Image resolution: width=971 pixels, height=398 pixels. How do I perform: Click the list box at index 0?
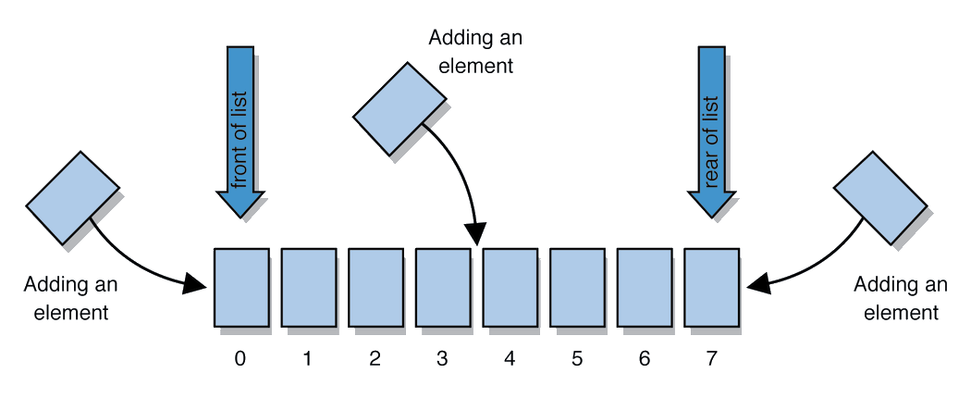coord(241,286)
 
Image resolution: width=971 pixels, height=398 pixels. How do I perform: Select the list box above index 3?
coord(443,286)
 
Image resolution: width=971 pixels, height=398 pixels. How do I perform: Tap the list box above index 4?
coord(510,286)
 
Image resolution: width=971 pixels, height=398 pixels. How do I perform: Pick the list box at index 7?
coord(711,286)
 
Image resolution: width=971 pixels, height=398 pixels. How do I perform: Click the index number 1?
coord(307,359)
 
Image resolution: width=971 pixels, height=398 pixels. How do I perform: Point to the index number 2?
coord(375,359)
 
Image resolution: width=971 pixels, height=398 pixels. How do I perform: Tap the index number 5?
coord(577,359)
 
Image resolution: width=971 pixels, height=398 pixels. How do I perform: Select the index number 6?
coord(645,359)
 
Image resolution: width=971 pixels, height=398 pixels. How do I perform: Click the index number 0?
coord(240,359)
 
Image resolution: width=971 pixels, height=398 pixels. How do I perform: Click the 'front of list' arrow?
coord(240,130)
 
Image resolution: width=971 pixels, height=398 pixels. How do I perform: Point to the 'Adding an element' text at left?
coord(71,298)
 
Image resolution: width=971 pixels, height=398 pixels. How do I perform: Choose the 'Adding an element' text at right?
coord(900,298)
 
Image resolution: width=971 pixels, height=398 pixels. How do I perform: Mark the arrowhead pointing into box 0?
coord(195,282)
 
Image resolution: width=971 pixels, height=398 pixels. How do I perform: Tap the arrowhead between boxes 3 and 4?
coord(477,234)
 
